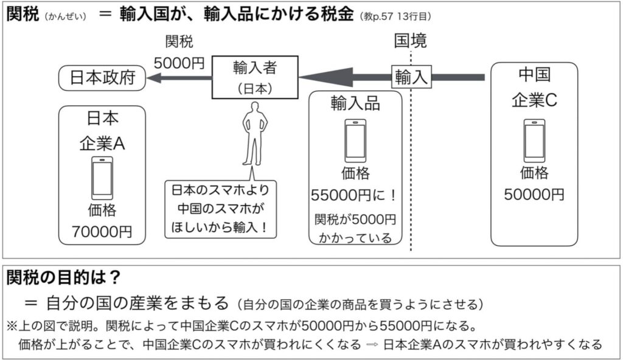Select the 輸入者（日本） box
pyautogui.click(x=254, y=77)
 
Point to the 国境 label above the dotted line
pyautogui.click(x=411, y=41)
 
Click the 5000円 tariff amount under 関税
pyautogui.click(x=179, y=63)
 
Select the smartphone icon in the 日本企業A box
pyautogui.click(x=102, y=178)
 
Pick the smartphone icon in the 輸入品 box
pyautogui.click(x=355, y=140)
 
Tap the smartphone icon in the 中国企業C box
pyautogui.click(x=534, y=140)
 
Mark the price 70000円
pyautogui.click(x=102, y=232)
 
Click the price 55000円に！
pyautogui.click(x=355, y=196)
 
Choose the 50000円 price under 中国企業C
pyautogui.click(x=534, y=195)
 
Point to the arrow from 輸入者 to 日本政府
pyautogui.click(x=179, y=78)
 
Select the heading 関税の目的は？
pyautogui.click(x=63, y=278)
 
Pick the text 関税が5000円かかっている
pyautogui.click(x=355, y=228)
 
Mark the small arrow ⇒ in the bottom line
pyautogui.click(x=372, y=344)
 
